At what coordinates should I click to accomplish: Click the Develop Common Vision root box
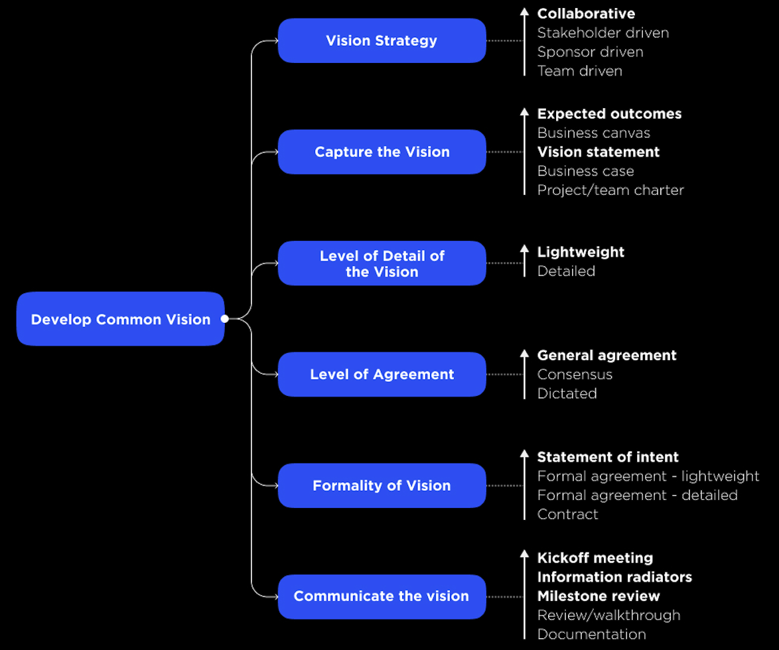(x=120, y=319)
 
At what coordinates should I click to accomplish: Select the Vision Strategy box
(x=382, y=40)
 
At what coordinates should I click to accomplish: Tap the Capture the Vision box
(x=382, y=152)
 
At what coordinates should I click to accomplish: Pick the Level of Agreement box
(x=382, y=374)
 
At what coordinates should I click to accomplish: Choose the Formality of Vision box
(x=382, y=486)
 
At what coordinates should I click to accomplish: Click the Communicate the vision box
(x=382, y=596)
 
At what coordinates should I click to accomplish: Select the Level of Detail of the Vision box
(x=382, y=263)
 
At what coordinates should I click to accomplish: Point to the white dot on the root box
(x=224, y=319)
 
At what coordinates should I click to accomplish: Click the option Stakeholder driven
(x=602, y=32)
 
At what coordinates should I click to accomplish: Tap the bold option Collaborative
(x=586, y=13)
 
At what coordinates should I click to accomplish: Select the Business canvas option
(x=593, y=133)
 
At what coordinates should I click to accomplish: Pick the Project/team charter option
(x=610, y=190)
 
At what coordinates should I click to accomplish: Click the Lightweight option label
(x=581, y=252)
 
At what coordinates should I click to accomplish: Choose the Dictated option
(x=567, y=393)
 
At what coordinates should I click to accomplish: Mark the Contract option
(x=567, y=514)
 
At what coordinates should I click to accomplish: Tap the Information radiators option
(x=614, y=577)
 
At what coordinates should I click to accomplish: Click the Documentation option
(x=591, y=634)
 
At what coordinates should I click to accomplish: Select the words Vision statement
(x=598, y=152)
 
